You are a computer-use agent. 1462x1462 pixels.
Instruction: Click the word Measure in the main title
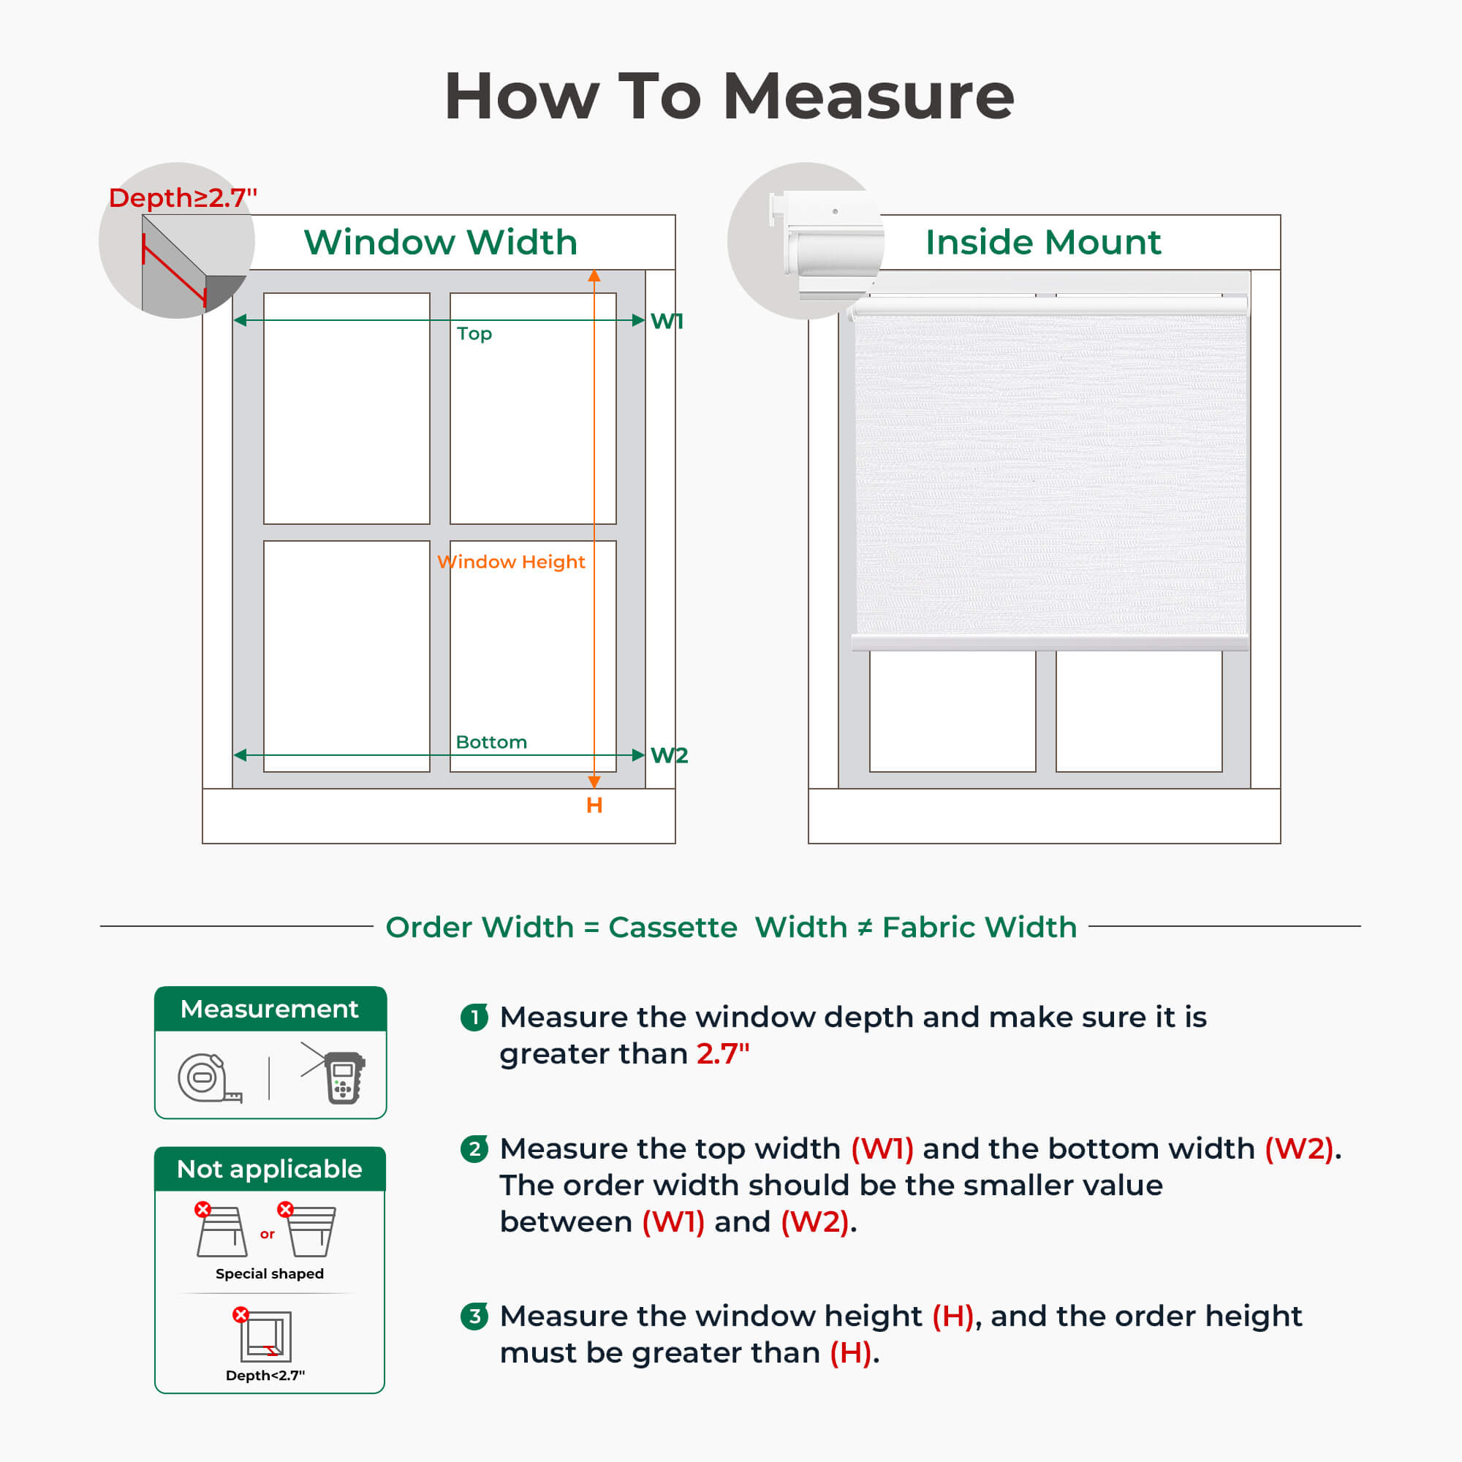pos(868,97)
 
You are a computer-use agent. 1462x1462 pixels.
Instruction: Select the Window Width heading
pos(440,242)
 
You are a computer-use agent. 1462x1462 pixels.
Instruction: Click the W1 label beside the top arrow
pos(667,321)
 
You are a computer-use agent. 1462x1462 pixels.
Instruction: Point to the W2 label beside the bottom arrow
pos(669,755)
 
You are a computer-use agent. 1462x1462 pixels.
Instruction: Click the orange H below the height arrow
pos(594,805)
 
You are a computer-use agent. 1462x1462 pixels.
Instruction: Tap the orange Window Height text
pos(512,561)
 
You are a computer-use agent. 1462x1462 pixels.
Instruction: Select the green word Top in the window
pos(474,334)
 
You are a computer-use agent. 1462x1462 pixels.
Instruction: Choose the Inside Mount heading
pos(1043,242)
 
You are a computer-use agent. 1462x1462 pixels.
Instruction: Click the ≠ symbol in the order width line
pos(864,927)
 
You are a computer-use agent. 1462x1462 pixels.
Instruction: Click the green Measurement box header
pos(270,1009)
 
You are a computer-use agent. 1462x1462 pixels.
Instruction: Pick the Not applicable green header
pos(270,1169)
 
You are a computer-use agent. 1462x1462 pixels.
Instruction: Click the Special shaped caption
pos(270,1273)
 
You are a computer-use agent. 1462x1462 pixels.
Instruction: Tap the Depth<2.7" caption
pos(265,1375)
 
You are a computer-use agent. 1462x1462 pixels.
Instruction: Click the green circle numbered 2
pos(474,1148)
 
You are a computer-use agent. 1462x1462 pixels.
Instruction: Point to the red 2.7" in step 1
pos(723,1054)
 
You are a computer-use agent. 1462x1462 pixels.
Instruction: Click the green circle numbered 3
pos(474,1316)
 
